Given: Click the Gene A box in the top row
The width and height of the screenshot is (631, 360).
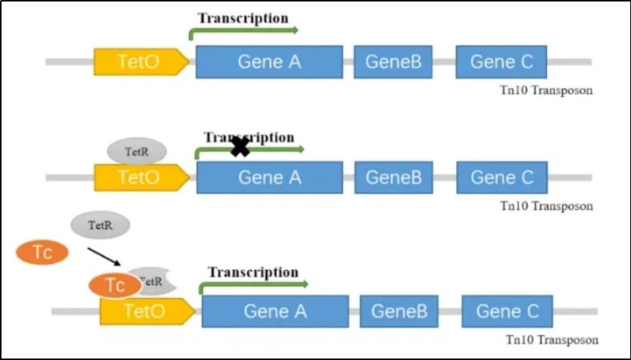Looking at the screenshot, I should point(269,61).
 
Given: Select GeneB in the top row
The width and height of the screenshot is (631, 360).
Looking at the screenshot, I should point(393,61).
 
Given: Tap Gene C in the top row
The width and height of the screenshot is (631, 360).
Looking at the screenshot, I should point(501,61).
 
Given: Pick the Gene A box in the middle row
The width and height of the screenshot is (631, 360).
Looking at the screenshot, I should point(269,178).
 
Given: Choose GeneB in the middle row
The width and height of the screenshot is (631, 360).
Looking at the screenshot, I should point(393,178).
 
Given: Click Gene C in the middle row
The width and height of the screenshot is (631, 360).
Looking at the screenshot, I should point(501,178).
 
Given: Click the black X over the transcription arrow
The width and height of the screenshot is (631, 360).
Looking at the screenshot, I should point(240,147).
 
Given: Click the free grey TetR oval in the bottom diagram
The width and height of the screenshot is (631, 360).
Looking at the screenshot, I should point(101,225).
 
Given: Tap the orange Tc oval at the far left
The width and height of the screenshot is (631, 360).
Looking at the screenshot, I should point(42,252).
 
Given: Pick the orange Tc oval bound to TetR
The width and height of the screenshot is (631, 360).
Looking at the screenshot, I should point(114,285).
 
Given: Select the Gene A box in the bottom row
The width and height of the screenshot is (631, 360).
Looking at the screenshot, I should point(275,311).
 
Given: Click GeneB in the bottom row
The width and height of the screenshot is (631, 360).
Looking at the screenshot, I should point(399,311).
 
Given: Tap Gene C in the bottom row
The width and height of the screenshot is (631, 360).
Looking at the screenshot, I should point(507,311).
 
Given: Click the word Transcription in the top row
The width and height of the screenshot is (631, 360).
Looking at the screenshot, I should point(243,17).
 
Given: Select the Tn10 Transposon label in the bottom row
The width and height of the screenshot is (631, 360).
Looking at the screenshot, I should point(552,340).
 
